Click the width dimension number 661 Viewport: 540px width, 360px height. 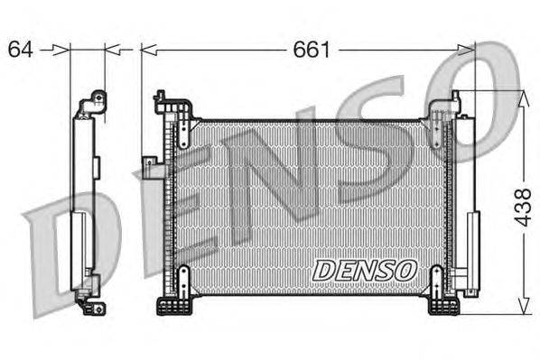[310, 50]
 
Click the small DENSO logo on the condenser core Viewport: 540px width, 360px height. [363, 269]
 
